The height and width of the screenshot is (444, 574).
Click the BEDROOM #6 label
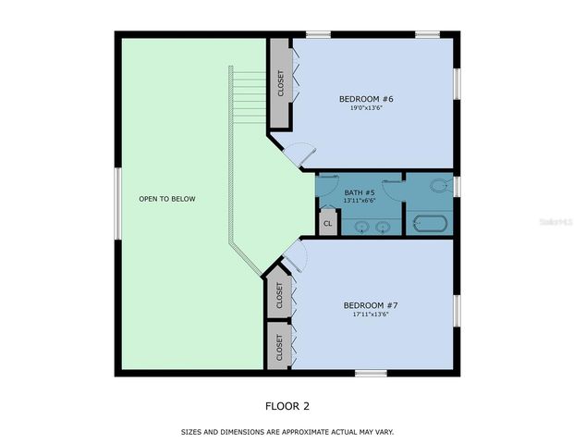[367, 98]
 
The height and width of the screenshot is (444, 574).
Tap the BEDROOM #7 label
[371, 305]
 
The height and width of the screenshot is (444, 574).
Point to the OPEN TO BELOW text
[167, 199]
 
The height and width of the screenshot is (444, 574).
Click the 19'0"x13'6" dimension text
[367, 108]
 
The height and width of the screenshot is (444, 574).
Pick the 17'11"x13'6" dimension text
[371, 314]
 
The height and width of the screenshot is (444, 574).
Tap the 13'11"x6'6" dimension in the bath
[358, 201]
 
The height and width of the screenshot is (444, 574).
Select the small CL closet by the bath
[327, 223]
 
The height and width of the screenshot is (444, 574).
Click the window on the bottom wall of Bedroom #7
[371, 373]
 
